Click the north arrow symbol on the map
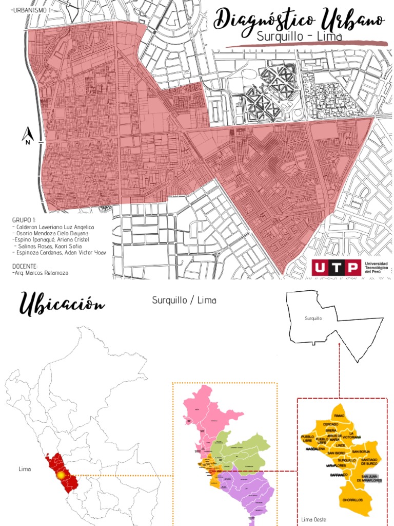[x=28, y=136]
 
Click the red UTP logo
[x=336, y=267]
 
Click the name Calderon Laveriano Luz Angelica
[x=54, y=227]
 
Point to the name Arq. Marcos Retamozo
[x=41, y=273]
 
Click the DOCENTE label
[x=25, y=266]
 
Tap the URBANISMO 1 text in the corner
[x=33, y=10]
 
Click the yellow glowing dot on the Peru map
[x=61, y=476]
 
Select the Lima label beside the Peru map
[x=25, y=469]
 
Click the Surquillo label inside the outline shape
[x=313, y=318]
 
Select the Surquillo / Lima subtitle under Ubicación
[x=184, y=300]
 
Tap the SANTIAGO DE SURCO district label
[x=369, y=461]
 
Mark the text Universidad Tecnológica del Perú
[x=376, y=267]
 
